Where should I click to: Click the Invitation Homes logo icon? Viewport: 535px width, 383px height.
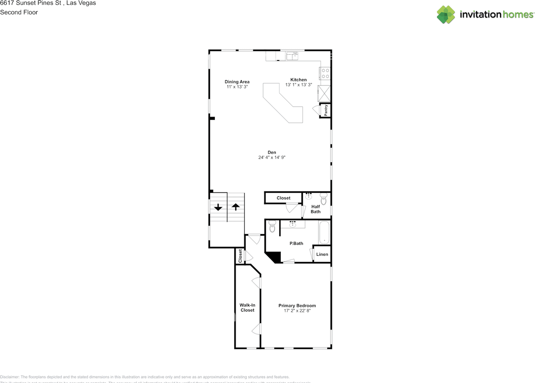(x=446, y=14)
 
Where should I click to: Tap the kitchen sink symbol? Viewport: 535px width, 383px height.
(x=292, y=55)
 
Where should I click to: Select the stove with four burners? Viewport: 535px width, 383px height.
(x=325, y=73)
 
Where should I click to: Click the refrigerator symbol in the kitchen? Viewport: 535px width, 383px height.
(x=324, y=93)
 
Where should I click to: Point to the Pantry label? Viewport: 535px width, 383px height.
(x=326, y=111)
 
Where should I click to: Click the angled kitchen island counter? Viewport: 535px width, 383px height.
(x=283, y=103)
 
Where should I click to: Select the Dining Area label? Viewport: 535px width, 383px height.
(x=237, y=82)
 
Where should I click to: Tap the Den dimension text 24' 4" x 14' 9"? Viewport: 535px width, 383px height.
(x=272, y=157)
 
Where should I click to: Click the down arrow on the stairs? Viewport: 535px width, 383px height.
(x=218, y=207)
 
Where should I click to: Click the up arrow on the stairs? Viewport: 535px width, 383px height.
(x=236, y=207)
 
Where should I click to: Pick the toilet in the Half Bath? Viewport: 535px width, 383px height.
(x=323, y=199)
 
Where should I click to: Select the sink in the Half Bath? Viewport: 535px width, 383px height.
(x=308, y=195)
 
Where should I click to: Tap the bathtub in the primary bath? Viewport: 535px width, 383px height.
(x=324, y=233)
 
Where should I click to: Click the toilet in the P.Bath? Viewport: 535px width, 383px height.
(x=273, y=227)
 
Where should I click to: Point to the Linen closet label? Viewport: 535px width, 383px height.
(x=322, y=254)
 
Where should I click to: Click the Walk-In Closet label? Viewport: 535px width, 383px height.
(x=247, y=307)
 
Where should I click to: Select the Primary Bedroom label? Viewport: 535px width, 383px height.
(x=297, y=306)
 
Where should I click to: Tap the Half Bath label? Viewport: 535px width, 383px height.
(x=316, y=209)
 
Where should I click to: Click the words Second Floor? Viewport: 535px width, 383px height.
(x=19, y=12)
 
